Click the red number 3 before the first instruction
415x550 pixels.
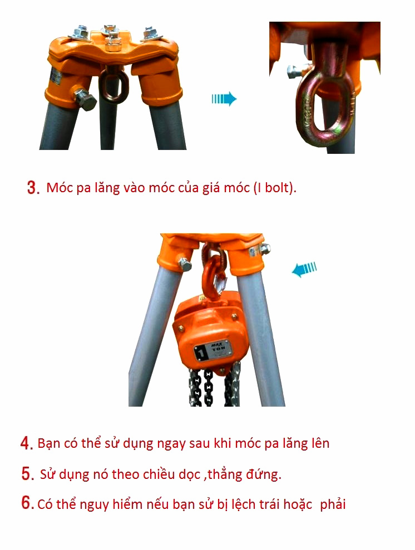click(x=33, y=187)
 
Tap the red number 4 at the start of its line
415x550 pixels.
click(x=27, y=443)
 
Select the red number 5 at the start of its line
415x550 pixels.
click(x=27, y=473)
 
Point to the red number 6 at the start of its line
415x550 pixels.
click(x=27, y=503)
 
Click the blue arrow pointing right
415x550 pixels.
click(x=224, y=99)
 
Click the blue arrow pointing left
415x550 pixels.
click(x=304, y=269)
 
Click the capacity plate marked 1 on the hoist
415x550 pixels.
click(x=212, y=350)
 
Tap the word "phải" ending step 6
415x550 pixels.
click(x=333, y=504)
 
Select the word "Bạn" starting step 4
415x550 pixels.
click(x=49, y=443)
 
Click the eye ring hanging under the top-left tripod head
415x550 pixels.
click(x=113, y=86)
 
